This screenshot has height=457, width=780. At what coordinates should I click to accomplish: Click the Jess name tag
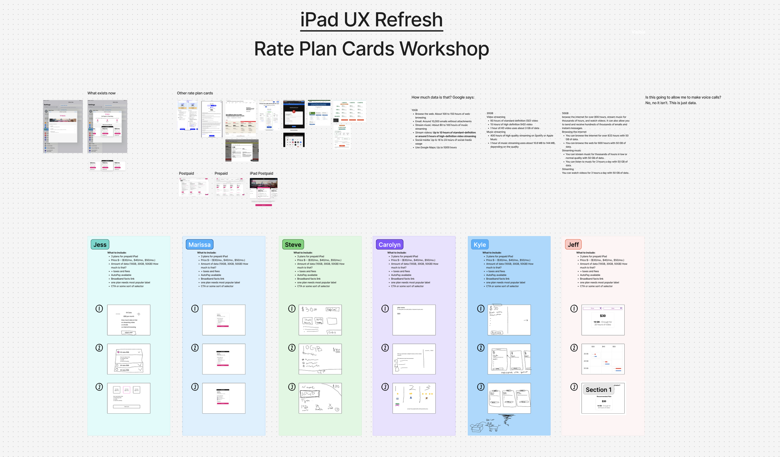click(x=100, y=245)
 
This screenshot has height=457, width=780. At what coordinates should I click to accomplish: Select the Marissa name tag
click(x=199, y=245)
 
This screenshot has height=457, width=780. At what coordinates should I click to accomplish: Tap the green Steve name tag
click(x=293, y=245)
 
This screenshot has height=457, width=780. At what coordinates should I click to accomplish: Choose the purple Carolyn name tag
click(x=389, y=245)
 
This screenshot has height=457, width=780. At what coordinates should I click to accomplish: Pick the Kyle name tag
click(x=480, y=245)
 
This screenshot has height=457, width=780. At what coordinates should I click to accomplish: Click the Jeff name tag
click(x=573, y=245)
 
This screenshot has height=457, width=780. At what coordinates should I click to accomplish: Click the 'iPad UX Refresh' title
click(x=371, y=20)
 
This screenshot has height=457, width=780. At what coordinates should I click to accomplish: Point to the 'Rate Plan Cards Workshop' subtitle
click(x=371, y=49)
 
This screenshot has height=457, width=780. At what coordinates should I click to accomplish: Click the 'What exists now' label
click(x=101, y=93)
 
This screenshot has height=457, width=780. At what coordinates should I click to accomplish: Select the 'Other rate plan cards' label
click(x=195, y=93)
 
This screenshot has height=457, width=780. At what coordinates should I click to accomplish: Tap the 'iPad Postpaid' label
click(x=261, y=173)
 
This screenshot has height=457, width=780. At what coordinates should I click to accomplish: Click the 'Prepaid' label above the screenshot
click(x=221, y=173)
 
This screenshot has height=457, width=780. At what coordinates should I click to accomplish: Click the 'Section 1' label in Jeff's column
click(x=598, y=390)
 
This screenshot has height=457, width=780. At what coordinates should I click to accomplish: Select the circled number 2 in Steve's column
click(x=292, y=348)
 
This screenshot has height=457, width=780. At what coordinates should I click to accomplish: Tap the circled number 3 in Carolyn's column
click(x=385, y=387)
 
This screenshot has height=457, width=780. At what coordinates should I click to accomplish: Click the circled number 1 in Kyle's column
click(x=481, y=309)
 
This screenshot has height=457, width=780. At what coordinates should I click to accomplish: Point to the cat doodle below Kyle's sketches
click(x=493, y=426)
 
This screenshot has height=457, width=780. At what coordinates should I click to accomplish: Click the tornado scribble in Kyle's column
click(x=506, y=420)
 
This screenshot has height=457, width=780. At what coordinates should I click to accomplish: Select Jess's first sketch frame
click(x=129, y=320)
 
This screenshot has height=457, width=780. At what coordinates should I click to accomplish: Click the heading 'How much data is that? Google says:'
click(x=443, y=97)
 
